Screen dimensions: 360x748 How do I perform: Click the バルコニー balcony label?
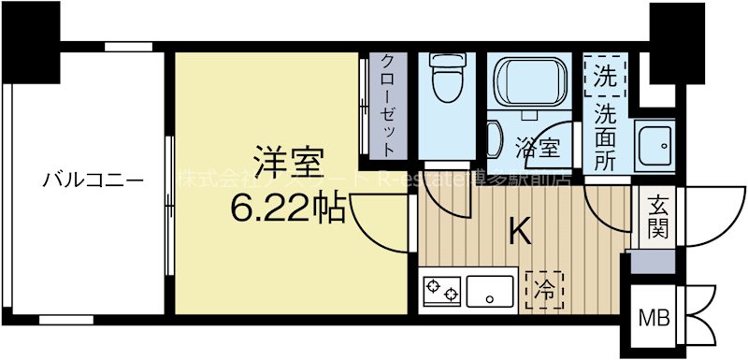(93, 180)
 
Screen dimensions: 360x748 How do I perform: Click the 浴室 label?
(538, 147)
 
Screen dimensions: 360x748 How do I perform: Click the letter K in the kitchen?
(520, 231)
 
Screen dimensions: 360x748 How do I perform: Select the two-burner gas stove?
(441, 293)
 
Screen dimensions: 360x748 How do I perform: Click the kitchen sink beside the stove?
(491, 293)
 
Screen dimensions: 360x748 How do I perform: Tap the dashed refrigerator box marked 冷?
(544, 290)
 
